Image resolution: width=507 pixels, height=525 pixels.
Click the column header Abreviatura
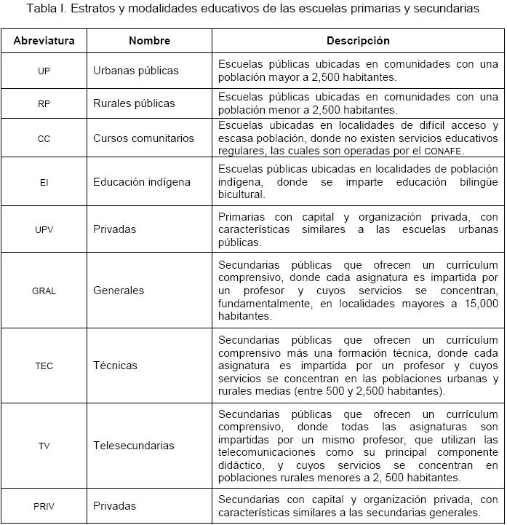coord(44,41)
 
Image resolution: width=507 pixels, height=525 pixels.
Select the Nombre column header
coord(149,41)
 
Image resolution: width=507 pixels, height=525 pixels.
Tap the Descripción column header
coord(358,41)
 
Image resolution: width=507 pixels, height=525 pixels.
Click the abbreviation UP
coord(44,71)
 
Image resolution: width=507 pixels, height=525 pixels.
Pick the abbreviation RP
coord(44,104)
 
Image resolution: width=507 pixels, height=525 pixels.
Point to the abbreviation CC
coord(44,138)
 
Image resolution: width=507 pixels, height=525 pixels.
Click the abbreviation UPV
coord(44,229)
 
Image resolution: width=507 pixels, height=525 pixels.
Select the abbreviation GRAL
coord(44,291)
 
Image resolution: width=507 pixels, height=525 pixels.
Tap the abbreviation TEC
coord(44,366)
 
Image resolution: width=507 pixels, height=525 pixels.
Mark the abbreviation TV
coord(44,446)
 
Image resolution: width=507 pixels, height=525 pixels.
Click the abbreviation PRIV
coord(44,506)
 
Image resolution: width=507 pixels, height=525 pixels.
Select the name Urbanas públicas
coord(136,71)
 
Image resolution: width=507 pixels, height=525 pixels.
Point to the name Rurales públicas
coord(135,103)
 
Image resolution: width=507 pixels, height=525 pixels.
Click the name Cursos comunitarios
coord(144,138)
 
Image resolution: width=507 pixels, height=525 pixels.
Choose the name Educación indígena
coord(142,182)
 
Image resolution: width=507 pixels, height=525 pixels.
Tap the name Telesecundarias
coord(134,445)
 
